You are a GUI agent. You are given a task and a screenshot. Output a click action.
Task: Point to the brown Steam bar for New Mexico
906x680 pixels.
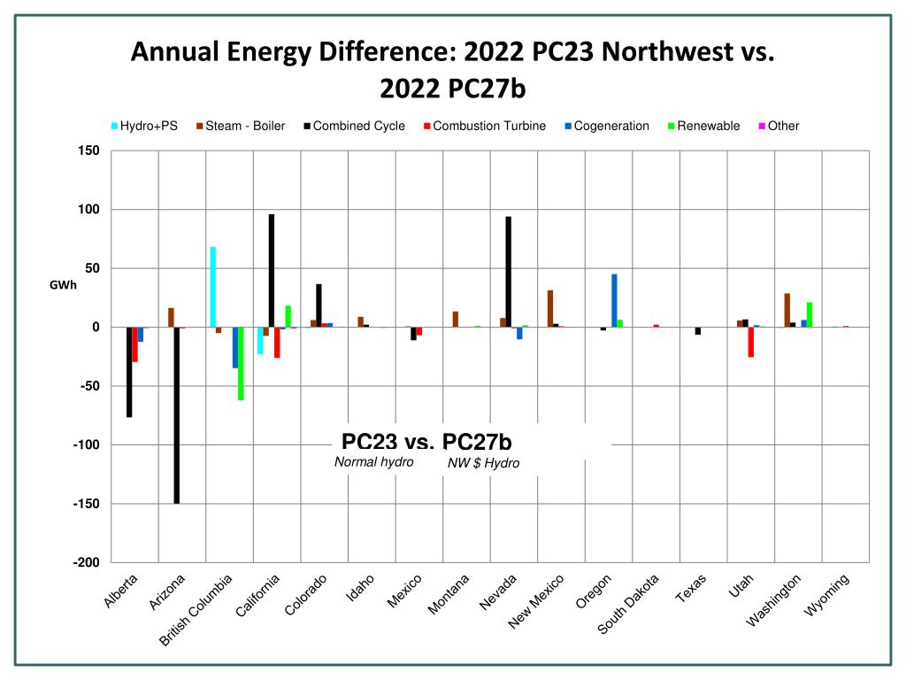(x=550, y=309)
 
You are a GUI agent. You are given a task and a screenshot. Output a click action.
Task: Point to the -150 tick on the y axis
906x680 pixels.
(x=88, y=504)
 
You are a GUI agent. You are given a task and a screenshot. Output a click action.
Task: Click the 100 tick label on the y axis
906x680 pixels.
(x=90, y=209)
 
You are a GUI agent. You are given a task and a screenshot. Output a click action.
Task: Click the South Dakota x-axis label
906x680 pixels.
(x=629, y=605)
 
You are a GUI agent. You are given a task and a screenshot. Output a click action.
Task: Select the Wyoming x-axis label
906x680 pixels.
(x=828, y=595)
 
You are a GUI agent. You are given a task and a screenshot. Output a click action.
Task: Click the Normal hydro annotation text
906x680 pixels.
(x=373, y=462)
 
